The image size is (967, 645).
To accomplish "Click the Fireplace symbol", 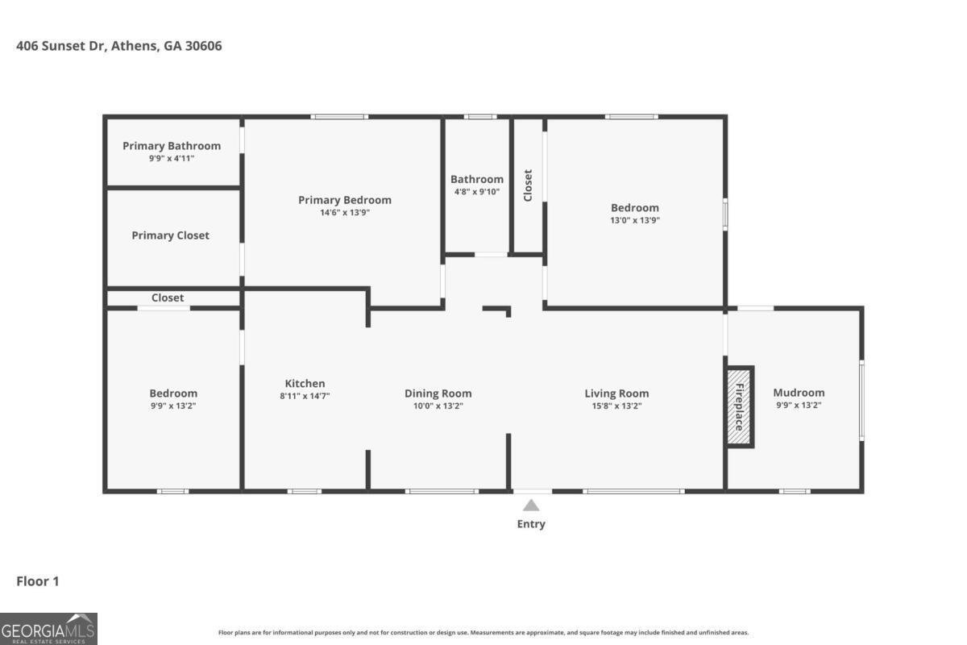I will tap(739, 406).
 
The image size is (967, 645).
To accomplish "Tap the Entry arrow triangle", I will tap(531, 506).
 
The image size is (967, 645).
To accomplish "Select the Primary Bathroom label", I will tap(172, 146).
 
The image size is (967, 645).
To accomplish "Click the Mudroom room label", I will tap(799, 393).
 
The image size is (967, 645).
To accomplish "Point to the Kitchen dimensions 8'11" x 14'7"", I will tap(305, 396).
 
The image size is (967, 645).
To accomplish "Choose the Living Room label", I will tap(616, 393).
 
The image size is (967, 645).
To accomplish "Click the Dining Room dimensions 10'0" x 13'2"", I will tap(438, 406).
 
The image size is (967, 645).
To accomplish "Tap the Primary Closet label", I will tap(170, 235).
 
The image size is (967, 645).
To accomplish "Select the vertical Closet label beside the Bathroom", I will tap(529, 185).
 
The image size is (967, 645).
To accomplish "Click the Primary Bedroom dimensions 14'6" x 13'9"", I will tap(344, 212).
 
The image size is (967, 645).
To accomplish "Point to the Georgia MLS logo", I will tap(48, 628).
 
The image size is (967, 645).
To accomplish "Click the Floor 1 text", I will tap(38, 581).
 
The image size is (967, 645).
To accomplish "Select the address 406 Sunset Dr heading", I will tap(119, 46).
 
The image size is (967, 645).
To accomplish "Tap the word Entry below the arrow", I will tap(531, 524).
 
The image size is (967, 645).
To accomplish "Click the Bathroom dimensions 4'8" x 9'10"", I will tap(477, 192).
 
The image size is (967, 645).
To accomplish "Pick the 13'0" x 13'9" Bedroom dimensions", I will tap(634, 220).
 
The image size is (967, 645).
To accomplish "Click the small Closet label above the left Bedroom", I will tap(168, 298).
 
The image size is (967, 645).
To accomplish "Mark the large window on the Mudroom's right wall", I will tap(861, 401).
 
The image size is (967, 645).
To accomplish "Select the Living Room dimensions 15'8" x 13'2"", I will tap(616, 406).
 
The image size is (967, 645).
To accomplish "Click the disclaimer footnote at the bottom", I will tap(483, 633).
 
